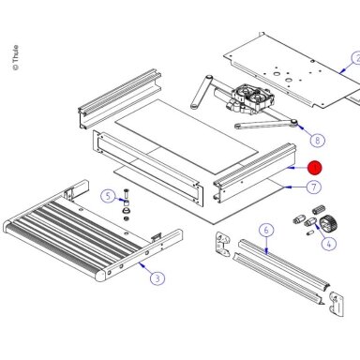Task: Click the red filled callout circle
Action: pos(314,168)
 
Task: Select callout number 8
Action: pos(318,140)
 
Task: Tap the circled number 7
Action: pos(313,187)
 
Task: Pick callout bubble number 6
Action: pos(266,231)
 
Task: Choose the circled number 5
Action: pos(108,196)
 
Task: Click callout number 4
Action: pos(328,244)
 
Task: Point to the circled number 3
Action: pos(157,277)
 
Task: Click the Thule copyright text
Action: pos(16,58)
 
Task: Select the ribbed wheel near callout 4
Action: pos(328,222)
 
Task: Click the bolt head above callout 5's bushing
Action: pos(127,190)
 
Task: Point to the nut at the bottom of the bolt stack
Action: pos(127,218)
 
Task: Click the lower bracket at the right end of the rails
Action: pos(337,304)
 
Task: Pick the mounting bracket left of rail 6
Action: pos(222,244)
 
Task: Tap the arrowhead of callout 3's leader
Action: pos(141,264)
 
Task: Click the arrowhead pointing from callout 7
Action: pos(286,187)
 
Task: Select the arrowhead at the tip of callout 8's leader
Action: pos(300,127)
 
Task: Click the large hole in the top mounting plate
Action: pos(277,75)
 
